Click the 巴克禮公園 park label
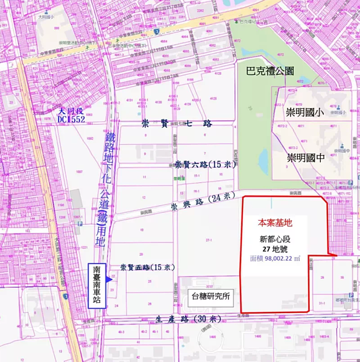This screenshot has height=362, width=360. [270, 71]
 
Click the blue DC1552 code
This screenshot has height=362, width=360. [72, 120]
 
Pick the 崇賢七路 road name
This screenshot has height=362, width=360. [177, 123]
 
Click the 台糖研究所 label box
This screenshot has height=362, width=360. [211, 296]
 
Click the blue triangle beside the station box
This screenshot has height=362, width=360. [108, 278]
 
